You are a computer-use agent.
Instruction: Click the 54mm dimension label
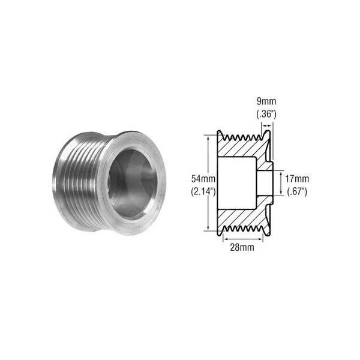pyautogui.click(x=203, y=179)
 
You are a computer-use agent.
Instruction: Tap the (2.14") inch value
pyautogui.click(x=203, y=191)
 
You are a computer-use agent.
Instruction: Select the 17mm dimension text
pyautogui.click(x=297, y=179)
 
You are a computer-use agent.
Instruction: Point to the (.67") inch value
pyautogui.click(x=297, y=191)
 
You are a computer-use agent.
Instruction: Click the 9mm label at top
pyautogui.click(x=266, y=101)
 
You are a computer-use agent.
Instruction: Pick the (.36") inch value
pyautogui.click(x=266, y=114)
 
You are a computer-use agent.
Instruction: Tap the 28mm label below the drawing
pyautogui.click(x=242, y=247)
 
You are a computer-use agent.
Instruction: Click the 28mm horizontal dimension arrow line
pyautogui.click(x=243, y=239)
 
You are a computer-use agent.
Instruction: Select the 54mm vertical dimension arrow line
pyautogui.click(x=208, y=183)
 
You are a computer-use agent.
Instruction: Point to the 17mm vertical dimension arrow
pyautogui.click(x=281, y=183)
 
